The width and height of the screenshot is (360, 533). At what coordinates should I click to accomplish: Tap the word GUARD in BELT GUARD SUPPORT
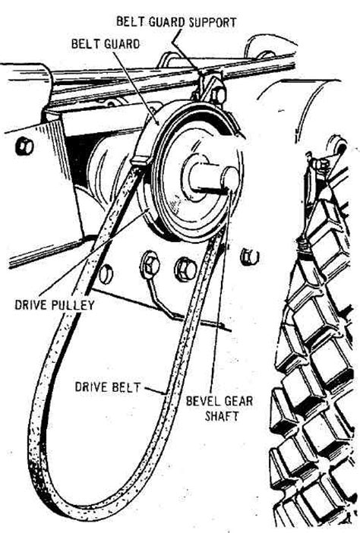tap(166, 23)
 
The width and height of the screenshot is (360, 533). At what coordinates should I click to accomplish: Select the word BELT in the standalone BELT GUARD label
tap(84, 44)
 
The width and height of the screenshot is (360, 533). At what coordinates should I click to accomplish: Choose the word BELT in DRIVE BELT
tap(125, 387)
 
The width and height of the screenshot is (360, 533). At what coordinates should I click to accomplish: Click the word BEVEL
tap(201, 401)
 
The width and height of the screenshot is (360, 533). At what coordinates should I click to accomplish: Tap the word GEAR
tap(238, 401)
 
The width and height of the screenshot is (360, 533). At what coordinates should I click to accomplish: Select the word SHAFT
tap(222, 416)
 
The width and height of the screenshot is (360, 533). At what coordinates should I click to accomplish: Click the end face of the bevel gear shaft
tap(232, 178)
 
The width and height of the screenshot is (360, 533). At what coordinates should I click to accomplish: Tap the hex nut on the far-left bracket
tap(24, 147)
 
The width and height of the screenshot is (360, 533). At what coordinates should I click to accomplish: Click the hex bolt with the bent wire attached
tap(150, 263)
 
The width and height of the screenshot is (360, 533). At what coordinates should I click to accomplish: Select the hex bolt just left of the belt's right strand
tap(185, 269)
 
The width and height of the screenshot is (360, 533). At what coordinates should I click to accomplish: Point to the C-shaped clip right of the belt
tap(250, 257)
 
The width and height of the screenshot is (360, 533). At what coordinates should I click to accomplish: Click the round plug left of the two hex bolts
tap(106, 273)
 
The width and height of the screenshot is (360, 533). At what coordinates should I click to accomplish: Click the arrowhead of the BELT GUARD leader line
tap(157, 123)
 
